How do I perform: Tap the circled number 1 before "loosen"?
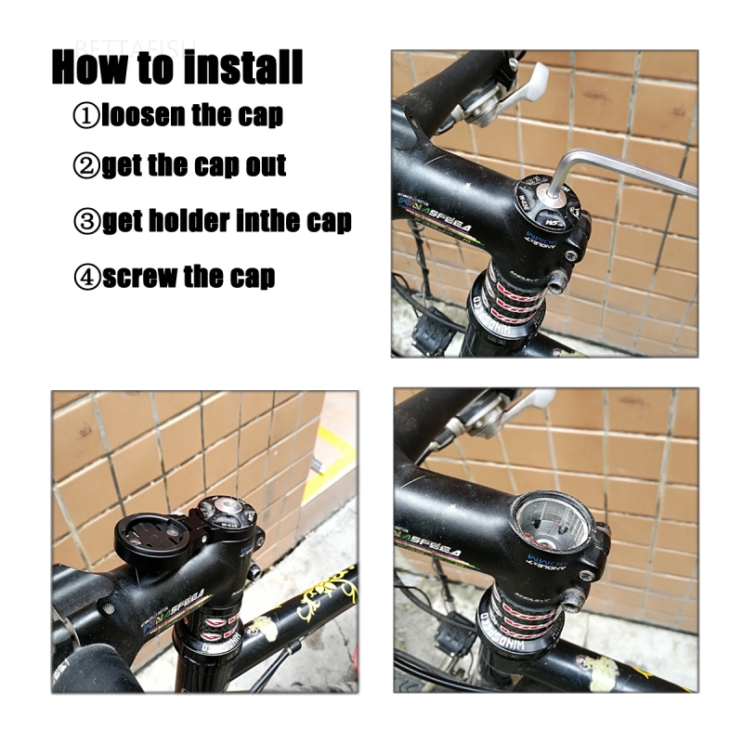click(x=85, y=116)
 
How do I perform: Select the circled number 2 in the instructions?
click(x=85, y=167)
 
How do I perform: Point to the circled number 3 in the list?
click(x=85, y=222)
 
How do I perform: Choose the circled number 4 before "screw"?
click(x=85, y=277)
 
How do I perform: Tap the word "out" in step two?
click(x=266, y=166)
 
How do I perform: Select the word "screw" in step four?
click(x=140, y=277)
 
